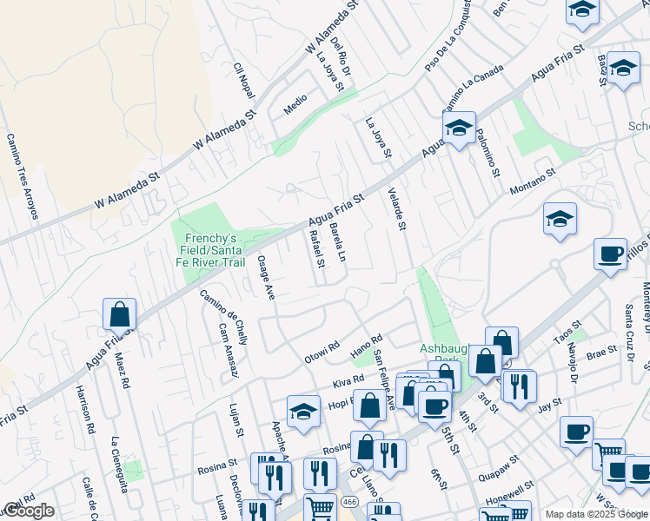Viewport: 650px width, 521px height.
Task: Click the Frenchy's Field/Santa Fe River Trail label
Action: tap(209, 249)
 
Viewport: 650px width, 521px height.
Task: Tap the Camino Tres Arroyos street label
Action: tap(22, 176)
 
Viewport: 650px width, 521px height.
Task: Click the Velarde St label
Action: tap(397, 209)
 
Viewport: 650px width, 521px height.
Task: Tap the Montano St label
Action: tap(532, 181)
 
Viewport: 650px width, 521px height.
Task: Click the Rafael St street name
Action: tap(316, 247)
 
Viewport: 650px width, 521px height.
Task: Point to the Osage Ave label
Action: tap(266, 279)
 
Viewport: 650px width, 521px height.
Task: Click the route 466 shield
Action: tap(349, 503)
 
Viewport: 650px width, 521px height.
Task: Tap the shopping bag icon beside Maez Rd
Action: tap(119, 314)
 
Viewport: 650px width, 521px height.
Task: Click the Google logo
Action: tap(29, 511)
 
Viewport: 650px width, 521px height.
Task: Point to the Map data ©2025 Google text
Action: tap(596, 514)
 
